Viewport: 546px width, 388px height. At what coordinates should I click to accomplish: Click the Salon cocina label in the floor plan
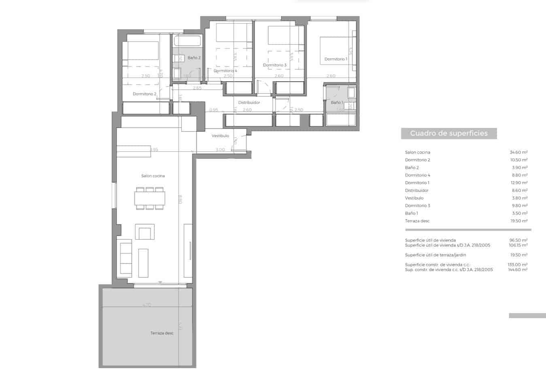tap(153, 176)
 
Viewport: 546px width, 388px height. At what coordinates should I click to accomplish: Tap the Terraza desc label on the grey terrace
tap(162, 333)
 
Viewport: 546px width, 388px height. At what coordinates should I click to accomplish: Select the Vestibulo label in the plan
tap(220, 136)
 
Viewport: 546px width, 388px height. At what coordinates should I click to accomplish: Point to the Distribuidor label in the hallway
tap(249, 103)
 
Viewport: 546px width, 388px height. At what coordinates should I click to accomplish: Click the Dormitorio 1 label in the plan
tap(336, 59)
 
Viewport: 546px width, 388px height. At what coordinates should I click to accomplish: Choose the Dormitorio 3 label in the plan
tap(274, 65)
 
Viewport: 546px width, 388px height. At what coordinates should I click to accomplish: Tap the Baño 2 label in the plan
tap(194, 58)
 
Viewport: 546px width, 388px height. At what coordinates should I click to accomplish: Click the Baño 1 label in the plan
tap(337, 103)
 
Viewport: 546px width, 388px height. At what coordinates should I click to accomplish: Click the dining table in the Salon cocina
tap(150, 198)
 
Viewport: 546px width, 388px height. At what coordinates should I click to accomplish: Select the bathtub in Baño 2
tap(187, 41)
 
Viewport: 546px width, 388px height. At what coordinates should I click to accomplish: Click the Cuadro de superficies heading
tap(449, 133)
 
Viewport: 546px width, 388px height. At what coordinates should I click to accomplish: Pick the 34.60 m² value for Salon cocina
tap(518, 152)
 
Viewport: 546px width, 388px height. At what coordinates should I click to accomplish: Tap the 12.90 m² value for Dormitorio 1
tap(518, 183)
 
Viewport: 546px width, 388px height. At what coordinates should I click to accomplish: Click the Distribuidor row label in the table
tap(416, 190)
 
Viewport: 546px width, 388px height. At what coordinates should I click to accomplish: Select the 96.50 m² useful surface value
tap(518, 240)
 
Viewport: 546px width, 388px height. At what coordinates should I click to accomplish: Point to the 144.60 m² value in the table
tap(517, 270)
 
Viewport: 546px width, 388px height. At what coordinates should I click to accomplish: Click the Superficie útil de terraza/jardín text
tap(436, 255)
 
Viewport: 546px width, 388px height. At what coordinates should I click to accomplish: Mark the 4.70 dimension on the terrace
tap(147, 305)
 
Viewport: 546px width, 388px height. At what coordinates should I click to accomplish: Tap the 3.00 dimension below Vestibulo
tap(220, 150)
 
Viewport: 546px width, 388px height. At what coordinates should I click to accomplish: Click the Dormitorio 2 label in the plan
tap(144, 94)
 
